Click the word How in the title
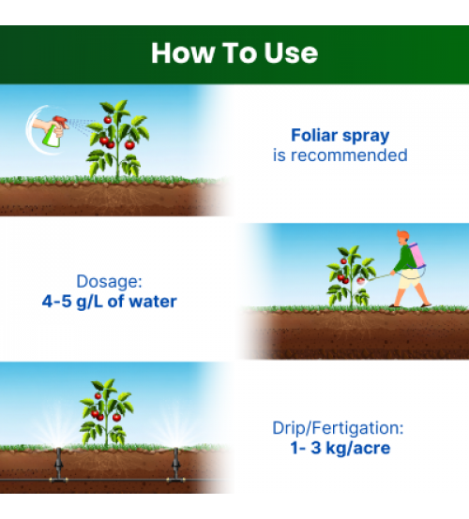point(183,52)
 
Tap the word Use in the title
point(291,52)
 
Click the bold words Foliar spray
point(340,136)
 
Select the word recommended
point(349,156)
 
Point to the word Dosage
point(109,281)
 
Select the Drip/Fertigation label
point(338,428)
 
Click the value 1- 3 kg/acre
point(340,448)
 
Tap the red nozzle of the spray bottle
point(60,121)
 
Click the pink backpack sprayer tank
point(416,256)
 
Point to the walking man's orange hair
point(402,235)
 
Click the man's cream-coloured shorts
point(410,278)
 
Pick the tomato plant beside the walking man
point(351,276)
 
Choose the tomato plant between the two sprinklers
point(106,413)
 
